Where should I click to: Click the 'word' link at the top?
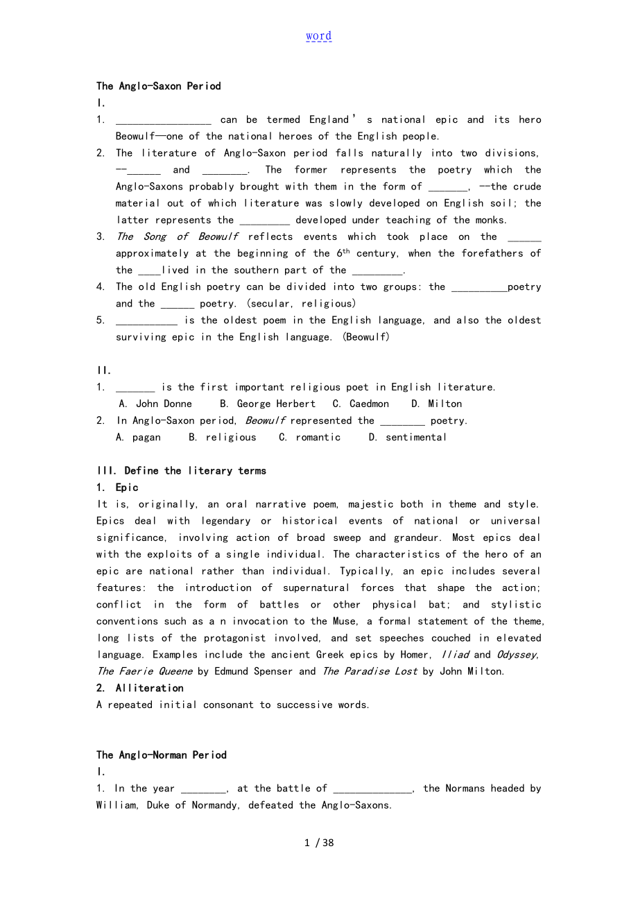(x=319, y=36)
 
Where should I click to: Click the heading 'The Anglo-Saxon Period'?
(x=159, y=86)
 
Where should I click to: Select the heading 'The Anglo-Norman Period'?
(x=162, y=755)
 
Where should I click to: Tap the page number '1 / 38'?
(x=319, y=843)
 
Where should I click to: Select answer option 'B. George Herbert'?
(x=268, y=404)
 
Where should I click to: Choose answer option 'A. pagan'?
(x=139, y=437)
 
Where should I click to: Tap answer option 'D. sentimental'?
(x=408, y=437)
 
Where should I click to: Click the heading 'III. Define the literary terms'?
(x=181, y=470)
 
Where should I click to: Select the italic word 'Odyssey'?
(x=517, y=655)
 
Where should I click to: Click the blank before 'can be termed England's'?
(x=164, y=121)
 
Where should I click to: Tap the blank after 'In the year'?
(x=203, y=789)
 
